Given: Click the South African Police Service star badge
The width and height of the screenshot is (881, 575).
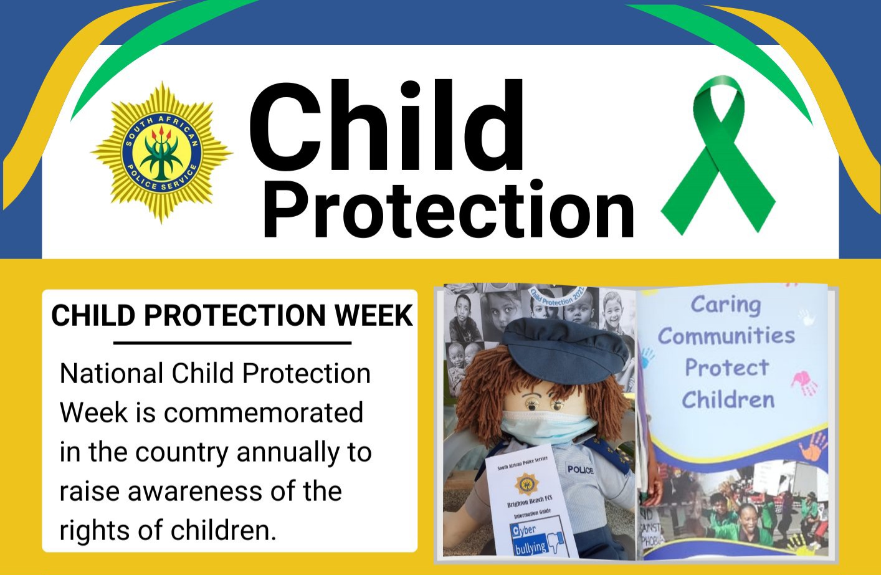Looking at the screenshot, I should [161, 152].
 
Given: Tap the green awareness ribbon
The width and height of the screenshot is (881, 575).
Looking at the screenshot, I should [718, 156].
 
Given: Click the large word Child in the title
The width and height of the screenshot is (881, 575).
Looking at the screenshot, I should [386, 127].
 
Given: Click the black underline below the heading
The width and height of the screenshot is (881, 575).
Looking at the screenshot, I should [232, 343].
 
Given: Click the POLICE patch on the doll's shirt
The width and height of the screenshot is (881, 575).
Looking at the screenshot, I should [579, 469].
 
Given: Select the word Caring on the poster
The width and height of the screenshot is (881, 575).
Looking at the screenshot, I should [726, 305].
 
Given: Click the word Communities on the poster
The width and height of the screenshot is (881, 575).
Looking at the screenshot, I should [726, 336].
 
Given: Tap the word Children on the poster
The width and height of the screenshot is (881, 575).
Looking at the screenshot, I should [728, 399].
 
